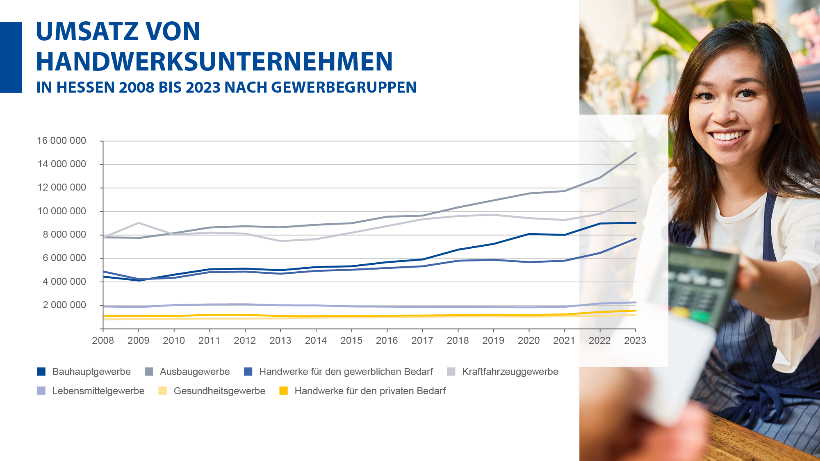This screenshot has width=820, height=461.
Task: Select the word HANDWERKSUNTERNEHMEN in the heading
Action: (x=214, y=62)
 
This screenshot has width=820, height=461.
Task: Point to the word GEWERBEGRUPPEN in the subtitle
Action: (x=344, y=87)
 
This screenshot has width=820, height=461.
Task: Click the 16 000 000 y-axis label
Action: (x=61, y=141)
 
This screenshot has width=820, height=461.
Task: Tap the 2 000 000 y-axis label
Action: (x=64, y=305)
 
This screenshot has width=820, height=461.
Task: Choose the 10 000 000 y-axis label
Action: (x=61, y=211)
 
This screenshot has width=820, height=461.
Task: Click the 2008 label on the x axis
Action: (x=103, y=341)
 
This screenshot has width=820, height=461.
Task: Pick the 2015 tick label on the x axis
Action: (x=351, y=341)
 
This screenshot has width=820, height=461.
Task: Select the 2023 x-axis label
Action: (x=635, y=341)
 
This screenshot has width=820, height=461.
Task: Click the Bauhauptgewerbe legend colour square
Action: (x=41, y=372)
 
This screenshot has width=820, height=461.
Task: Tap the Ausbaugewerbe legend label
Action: (x=195, y=372)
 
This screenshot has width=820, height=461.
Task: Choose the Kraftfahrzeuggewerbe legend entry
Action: (x=510, y=372)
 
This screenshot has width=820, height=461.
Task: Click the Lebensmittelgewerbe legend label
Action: (x=98, y=391)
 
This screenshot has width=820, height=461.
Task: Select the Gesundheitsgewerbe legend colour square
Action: (x=163, y=391)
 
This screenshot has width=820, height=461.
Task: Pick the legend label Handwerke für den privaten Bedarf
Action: (x=370, y=391)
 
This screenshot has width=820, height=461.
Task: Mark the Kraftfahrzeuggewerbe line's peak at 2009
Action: (x=139, y=223)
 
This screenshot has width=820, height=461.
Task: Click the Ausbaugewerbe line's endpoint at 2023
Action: (x=635, y=153)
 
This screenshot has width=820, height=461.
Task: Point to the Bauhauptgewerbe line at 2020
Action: (x=529, y=234)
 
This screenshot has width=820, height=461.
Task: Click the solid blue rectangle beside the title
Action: (x=11, y=57)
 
